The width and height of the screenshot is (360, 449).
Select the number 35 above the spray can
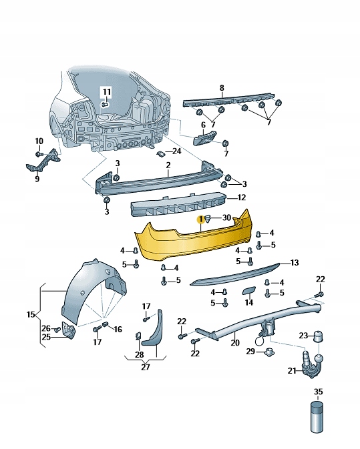pos(318,392)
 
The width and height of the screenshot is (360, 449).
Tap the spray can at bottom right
pos(317,417)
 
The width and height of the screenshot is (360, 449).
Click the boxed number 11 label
pos(107,92)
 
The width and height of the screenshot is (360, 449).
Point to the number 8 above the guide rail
pos(222,88)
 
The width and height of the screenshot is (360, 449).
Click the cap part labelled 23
pos(317,336)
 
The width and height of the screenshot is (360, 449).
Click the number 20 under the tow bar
pos(235,343)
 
